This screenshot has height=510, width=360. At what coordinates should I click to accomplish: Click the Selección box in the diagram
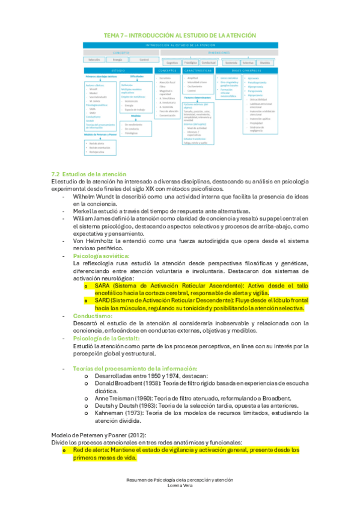click(x=94, y=60)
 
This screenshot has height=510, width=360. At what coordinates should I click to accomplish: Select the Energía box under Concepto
click(x=118, y=60)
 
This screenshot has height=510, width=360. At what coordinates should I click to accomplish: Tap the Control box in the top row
click(x=144, y=60)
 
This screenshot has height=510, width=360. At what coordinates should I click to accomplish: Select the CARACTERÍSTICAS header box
click(x=198, y=70)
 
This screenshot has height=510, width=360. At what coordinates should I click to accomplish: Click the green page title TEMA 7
click(x=180, y=35)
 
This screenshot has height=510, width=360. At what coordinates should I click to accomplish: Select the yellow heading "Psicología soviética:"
click(x=100, y=256)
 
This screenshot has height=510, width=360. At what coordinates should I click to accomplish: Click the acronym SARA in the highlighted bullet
click(x=103, y=286)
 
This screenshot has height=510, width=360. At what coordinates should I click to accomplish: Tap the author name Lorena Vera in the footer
click(x=180, y=486)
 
